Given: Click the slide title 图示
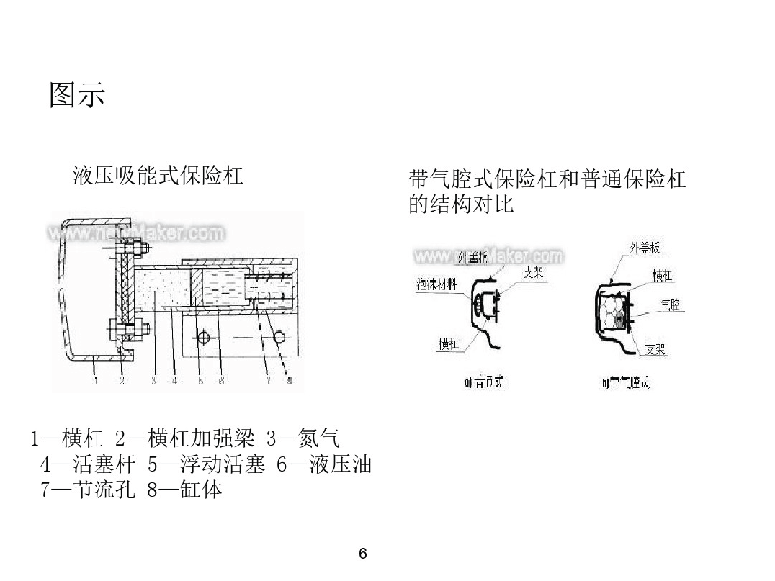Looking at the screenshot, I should click(77, 94).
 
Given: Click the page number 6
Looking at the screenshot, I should click(362, 554).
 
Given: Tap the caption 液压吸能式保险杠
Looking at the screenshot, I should click(158, 175).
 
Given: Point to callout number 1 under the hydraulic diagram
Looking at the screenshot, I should click(96, 380).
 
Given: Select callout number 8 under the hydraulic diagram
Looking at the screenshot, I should click(289, 380).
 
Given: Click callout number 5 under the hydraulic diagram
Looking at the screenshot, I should click(200, 380).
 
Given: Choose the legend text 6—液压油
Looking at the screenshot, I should click(324, 464).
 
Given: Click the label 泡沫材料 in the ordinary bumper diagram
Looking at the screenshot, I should click(437, 284).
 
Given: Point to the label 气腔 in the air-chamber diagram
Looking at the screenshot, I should click(670, 305).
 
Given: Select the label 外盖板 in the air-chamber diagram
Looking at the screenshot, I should click(645, 248).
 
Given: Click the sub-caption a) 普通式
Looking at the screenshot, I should click(484, 383).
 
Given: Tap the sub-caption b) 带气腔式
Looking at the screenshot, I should click(625, 383).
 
